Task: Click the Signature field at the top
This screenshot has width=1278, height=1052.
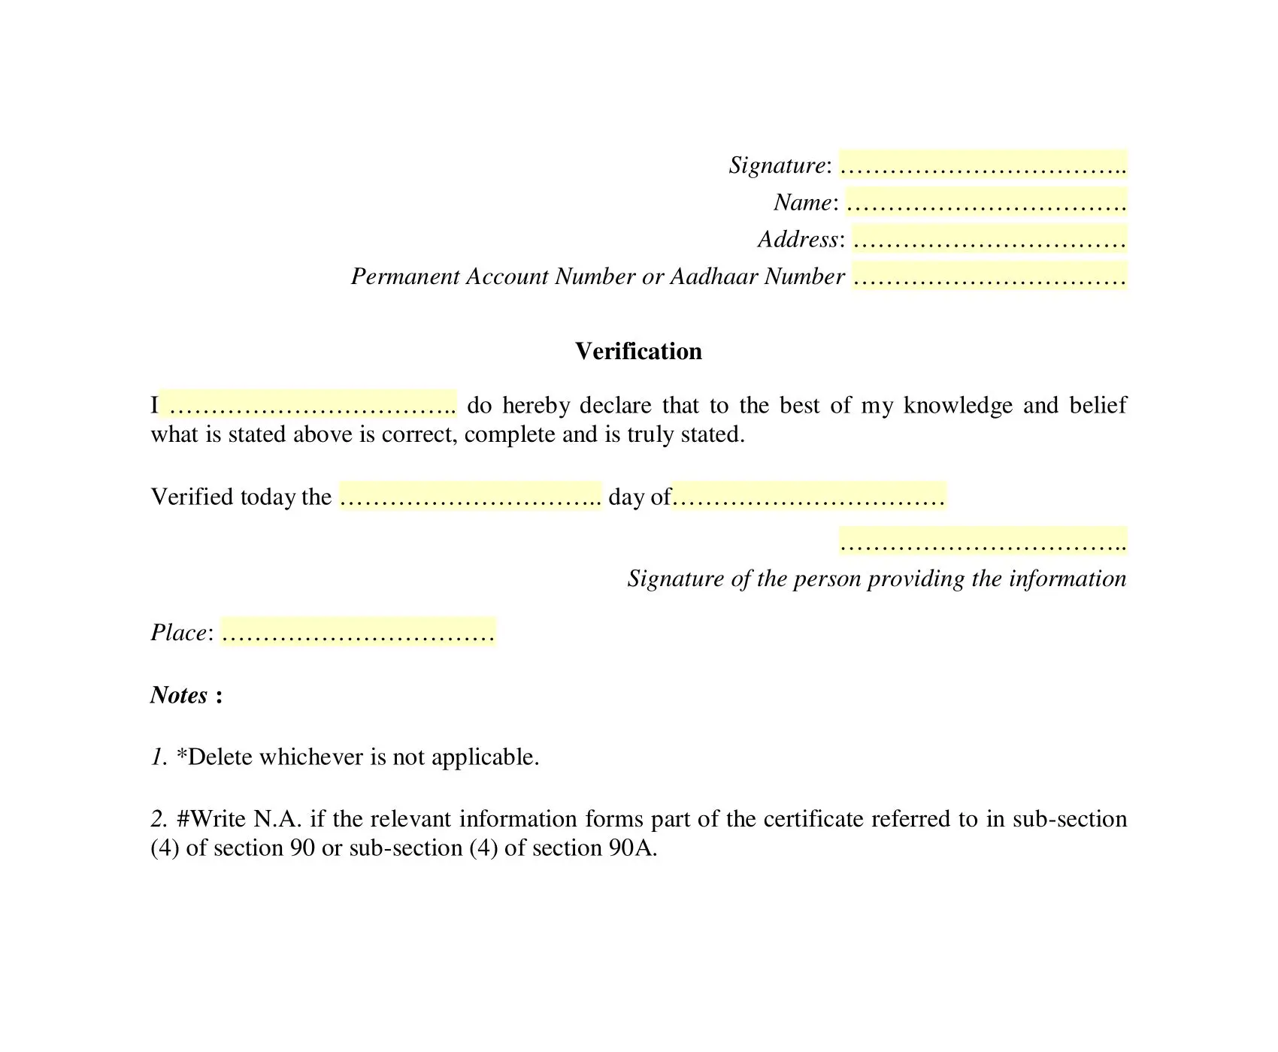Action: coord(983,164)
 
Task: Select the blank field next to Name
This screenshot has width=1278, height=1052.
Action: coord(986,201)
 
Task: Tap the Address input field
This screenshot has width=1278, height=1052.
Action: coord(989,239)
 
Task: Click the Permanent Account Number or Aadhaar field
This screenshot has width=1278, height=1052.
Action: coord(989,276)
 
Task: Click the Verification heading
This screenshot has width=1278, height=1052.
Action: coord(638,351)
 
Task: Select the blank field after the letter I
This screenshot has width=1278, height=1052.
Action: coord(308,404)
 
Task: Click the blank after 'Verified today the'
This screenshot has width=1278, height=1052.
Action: coord(471,496)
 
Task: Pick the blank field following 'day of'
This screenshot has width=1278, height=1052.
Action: coord(809,496)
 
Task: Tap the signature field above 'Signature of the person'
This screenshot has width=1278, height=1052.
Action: coord(983,541)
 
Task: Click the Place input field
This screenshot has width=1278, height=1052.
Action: coord(358,632)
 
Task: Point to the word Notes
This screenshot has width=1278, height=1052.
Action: coord(179,694)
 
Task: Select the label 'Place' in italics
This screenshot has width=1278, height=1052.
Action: coord(179,633)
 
